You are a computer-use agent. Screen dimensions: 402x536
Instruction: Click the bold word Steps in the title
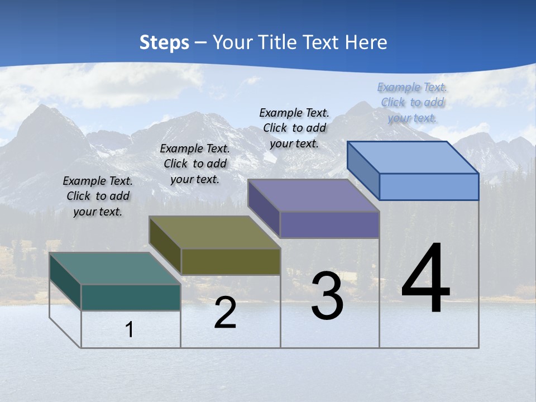tap(164, 42)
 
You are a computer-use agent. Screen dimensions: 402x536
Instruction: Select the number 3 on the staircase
tap(327, 296)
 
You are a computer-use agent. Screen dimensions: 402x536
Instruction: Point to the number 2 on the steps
tap(226, 313)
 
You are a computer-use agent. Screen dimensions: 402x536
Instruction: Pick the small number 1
tap(130, 329)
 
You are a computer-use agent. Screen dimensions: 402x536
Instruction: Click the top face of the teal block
tap(114, 269)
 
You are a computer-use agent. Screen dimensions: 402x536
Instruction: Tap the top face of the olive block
tap(214, 232)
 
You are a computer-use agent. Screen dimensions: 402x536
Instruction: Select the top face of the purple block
tap(313, 195)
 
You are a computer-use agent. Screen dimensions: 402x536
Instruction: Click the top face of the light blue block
tap(413, 157)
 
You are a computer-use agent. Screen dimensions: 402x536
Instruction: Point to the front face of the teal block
tap(131, 297)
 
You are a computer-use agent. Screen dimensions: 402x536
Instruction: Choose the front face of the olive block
tap(231, 261)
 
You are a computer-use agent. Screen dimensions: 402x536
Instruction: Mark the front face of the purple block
tap(329, 224)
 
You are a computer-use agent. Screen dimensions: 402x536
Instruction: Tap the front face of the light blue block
tap(429, 186)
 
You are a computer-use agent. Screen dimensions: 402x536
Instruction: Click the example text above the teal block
tap(98, 196)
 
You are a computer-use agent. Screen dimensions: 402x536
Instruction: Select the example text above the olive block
tap(195, 164)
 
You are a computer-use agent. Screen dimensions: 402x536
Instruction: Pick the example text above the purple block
tap(294, 128)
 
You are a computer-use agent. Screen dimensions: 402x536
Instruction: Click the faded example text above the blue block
tap(412, 102)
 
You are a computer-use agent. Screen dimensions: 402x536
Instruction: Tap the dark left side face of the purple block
tap(264, 208)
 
